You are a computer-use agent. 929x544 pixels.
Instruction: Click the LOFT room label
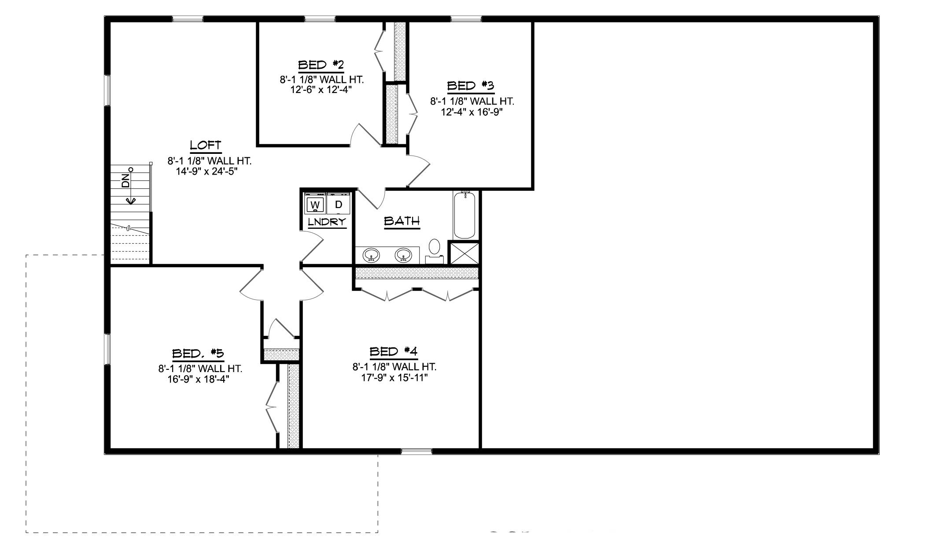pos(205,145)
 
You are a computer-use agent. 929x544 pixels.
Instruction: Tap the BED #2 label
pos(321,65)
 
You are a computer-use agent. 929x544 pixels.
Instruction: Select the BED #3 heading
pos(470,86)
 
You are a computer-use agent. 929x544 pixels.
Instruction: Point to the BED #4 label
pos(393,351)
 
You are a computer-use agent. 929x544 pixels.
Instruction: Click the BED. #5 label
pos(198,353)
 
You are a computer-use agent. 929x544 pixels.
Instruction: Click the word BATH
pos(402,221)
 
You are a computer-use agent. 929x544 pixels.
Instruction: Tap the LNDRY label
pos(327,222)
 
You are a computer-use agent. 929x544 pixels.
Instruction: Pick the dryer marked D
pos(339,205)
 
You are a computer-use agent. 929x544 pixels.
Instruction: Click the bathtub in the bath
pos(464,216)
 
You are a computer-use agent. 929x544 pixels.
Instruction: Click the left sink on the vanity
pos(372,255)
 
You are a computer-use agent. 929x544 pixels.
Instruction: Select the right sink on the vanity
pos(403,255)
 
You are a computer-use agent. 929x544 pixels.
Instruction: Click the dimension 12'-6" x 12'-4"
pos(321,90)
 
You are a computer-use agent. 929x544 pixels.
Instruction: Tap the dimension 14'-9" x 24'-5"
pos(207,171)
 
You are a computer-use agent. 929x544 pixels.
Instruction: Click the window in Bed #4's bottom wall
pos(417,451)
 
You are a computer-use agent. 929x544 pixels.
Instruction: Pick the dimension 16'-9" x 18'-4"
pos(199,379)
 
